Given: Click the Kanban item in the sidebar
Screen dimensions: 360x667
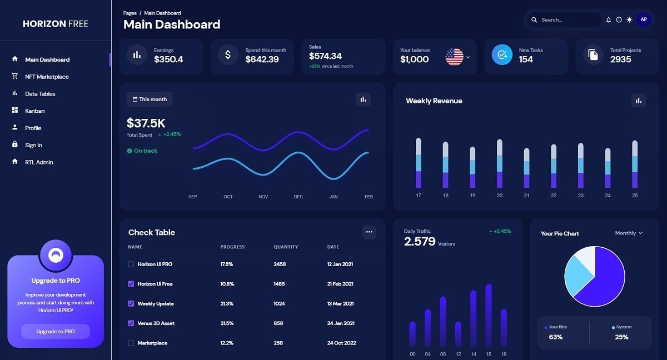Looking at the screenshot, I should point(34,111).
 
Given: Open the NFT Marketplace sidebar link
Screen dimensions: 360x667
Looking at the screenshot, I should point(47,77).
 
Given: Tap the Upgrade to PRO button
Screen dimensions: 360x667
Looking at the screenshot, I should point(56,332).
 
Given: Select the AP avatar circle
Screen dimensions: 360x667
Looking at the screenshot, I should point(644,19).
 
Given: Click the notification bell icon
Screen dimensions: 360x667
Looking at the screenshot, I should point(608,20).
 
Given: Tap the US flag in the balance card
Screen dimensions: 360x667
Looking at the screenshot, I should point(454,57).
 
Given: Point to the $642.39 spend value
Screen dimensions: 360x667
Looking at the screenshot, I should point(262,59).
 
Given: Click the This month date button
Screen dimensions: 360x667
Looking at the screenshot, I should point(150,99).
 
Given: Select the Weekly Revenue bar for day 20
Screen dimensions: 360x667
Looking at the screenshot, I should point(499,164).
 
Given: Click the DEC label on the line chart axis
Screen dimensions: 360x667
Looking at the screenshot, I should point(298,197).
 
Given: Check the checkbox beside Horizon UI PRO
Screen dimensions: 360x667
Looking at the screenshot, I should point(131,264).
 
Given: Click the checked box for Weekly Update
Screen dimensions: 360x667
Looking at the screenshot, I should point(131,304).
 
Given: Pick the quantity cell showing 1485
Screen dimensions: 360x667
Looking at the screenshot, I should point(279,284).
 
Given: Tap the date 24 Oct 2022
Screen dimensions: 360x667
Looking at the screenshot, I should point(341,343).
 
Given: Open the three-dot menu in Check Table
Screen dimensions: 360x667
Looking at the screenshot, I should point(369,232).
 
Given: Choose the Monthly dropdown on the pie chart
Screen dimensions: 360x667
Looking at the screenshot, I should point(629,233).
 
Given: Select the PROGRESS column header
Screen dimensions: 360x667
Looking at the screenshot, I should point(232,247).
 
